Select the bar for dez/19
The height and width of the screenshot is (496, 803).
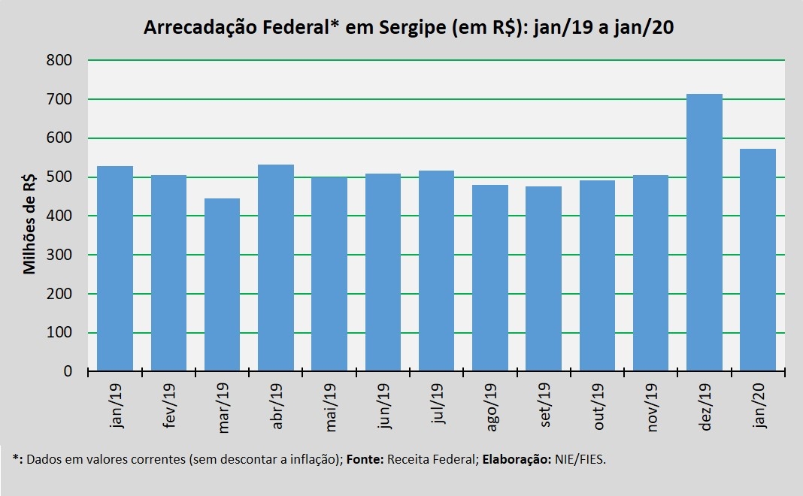[705, 232]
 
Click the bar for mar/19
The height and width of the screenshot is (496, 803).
[222, 285]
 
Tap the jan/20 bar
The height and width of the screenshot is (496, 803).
[757, 260]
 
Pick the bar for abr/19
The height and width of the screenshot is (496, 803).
[275, 268]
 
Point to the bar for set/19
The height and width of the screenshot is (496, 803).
[544, 279]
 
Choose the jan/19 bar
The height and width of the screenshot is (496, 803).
[115, 269]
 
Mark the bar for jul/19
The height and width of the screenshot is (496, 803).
[436, 271]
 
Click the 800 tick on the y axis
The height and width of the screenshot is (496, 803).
[59, 60]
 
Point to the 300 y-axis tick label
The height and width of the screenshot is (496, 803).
[59, 255]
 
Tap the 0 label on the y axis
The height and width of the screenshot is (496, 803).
[68, 371]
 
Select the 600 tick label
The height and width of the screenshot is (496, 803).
[59, 138]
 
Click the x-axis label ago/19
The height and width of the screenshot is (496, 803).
[491, 407]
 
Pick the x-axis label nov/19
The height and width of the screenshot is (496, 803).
[651, 407]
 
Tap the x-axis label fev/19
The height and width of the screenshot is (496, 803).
[169, 405]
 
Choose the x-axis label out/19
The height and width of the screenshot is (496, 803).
[598, 407]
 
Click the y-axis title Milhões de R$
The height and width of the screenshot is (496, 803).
[30, 223]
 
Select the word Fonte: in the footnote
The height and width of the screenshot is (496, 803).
[365, 459]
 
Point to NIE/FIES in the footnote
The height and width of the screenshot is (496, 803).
[580, 459]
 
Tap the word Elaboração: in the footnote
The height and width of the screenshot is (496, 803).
[517, 460]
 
